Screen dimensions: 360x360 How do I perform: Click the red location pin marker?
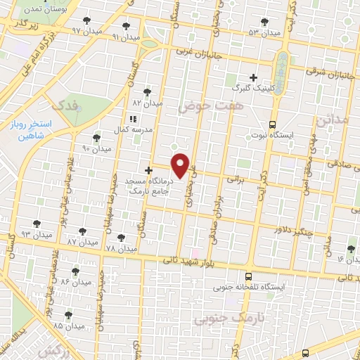pos(181,165)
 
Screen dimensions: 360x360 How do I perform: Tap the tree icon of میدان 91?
pos(126,27)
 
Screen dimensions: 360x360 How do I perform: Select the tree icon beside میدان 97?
pos(86,21)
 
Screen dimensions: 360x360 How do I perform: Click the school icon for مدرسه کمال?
pos(133,119)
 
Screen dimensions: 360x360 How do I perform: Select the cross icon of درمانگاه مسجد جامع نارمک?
pos(148,169)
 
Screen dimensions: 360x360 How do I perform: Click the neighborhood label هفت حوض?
pos(199,105)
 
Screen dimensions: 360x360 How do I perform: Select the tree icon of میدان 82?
pos(147,91)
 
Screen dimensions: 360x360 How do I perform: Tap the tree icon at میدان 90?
pos(97,139)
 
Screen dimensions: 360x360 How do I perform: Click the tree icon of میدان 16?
pos(352,248)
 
